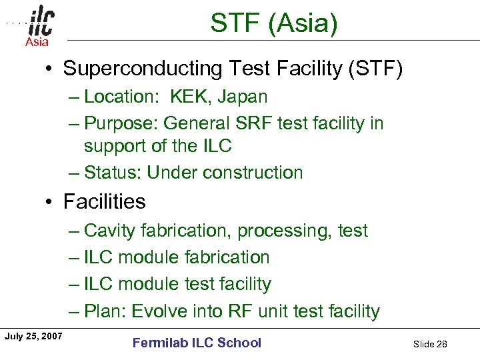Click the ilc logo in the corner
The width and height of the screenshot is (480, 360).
coord(41,23)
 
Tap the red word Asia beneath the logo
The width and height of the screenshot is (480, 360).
coord(37,43)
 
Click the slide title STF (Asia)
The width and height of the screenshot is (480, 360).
coord(274,23)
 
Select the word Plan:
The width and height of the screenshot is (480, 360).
coord(105,311)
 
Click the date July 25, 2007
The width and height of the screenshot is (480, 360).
coord(33,336)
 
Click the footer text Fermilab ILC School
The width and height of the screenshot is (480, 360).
coord(197,343)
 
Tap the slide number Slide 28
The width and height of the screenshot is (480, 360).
coord(430,344)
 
